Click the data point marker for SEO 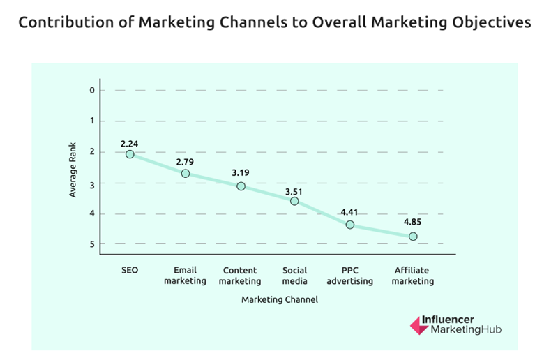pos(130,154)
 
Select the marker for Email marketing pos(186,173)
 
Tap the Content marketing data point pos(241,186)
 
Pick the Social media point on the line pos(294,201)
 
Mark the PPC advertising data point pos(350,225)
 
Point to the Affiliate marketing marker pos(413,237)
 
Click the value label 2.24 pos(129,144)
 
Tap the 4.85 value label pos(412,223)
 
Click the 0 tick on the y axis pos(91,90)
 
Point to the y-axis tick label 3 pos(91,183)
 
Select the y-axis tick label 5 pos(91,244)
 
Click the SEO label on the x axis pos(130,270)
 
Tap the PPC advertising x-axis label pos(349,276)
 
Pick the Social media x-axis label pos(294,276)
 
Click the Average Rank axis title pos(73,167)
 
